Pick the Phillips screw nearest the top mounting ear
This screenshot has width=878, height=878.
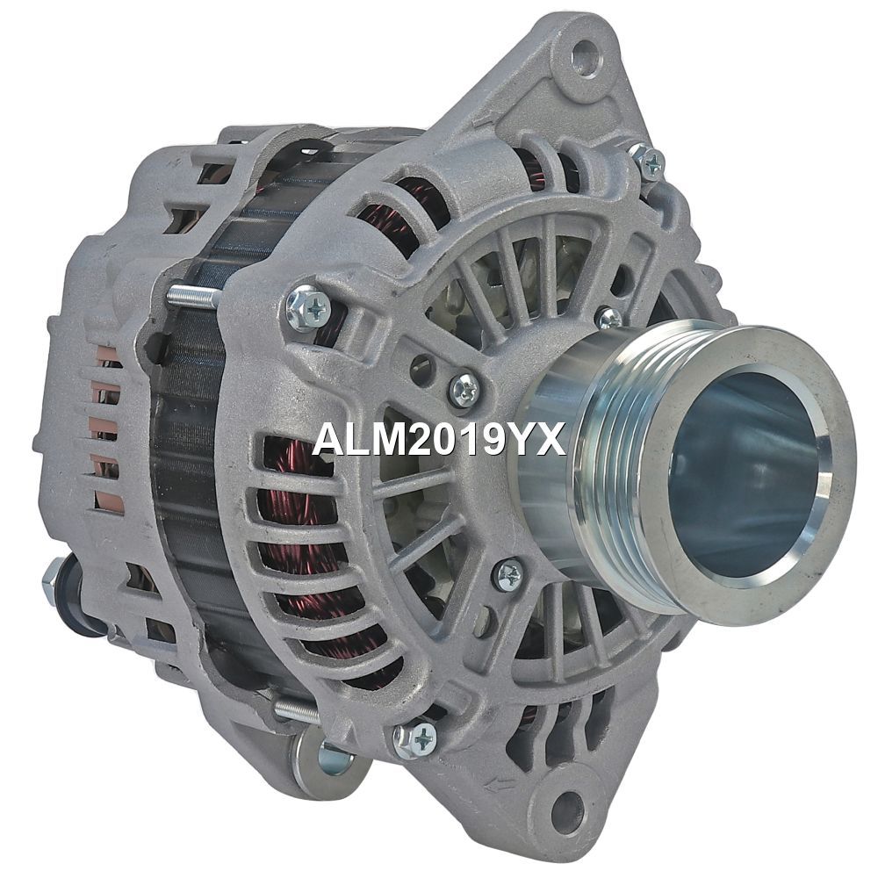pyautogui.click(x=650, y=162)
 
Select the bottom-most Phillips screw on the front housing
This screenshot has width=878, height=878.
pyautogui.click(x=416, y=739)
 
